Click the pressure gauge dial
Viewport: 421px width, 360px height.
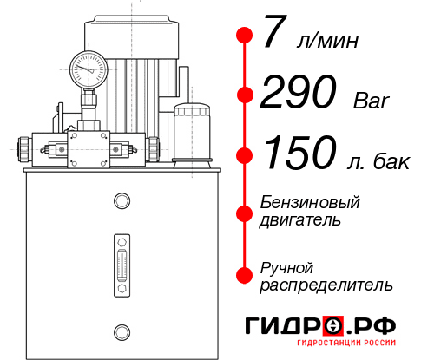coord(89,70)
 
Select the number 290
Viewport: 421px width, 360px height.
coord(299,91)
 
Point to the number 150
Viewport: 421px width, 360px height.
coord(300,152)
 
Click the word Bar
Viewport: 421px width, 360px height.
coord(372,101)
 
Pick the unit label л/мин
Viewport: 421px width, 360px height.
coord(327,40)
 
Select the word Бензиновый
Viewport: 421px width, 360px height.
coord(310,202)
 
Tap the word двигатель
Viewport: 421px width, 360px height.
coord(300,220)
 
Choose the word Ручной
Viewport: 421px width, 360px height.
coord(286,268)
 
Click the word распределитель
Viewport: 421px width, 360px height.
coord(326,285)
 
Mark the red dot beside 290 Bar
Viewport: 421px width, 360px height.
coord(245,95)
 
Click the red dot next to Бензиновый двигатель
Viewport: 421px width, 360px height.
coord(245,213)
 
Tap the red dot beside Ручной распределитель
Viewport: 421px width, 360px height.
coord(245,275)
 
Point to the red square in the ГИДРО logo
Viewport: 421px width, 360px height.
coord(333,325)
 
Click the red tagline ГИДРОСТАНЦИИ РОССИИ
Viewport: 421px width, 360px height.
coord(346,343)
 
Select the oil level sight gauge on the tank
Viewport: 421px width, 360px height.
coord(122,265)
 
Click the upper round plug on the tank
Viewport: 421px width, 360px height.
coord(122,200)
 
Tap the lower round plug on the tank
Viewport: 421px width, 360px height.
coord(122,332)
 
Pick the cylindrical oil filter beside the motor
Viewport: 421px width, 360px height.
coord(192,135)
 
